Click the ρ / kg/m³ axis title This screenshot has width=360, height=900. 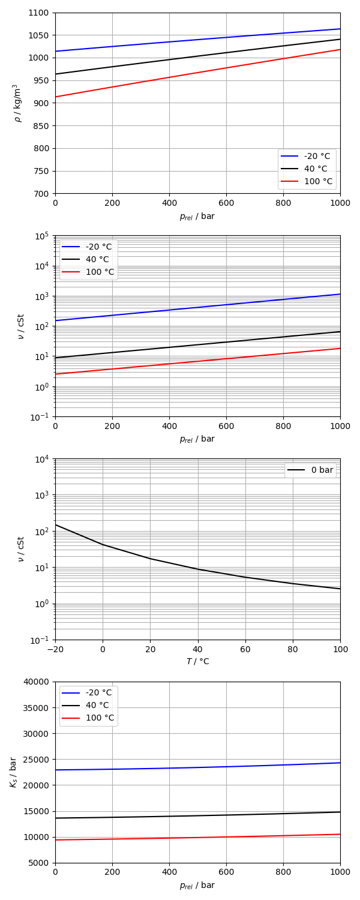coord(17,103)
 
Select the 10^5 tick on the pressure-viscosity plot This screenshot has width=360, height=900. coord(42,236)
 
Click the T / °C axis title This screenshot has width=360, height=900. coord(197,662)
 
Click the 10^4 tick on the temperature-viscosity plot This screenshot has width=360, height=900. coord(42,459)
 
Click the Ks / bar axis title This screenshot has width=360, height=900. coord(13,772)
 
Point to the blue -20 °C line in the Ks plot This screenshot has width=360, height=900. coord(198,767)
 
